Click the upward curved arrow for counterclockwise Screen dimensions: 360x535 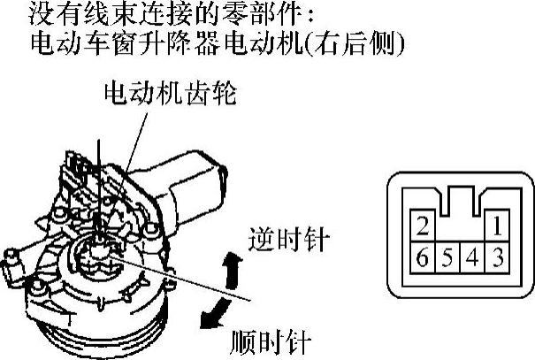click(233, 271)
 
